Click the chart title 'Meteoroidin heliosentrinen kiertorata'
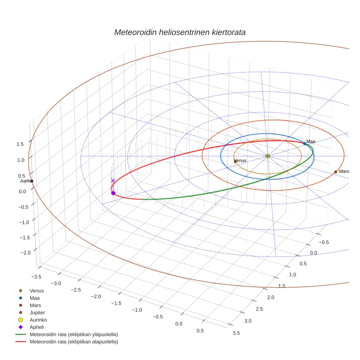[x=180, y=32]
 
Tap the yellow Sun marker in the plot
[x=268, y=156]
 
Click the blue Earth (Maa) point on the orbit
[x=304, y=143]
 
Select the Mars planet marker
[x=335, y=172]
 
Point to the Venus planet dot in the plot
[x=235, y=161]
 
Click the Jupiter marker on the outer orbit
[x=32, y=181]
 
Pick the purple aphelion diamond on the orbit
[x=113, y=193]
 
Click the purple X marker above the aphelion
[x=113, y=180]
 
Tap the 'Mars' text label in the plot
[x=344, y=171]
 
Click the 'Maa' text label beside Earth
[x=311, y=142]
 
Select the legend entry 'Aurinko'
[x=38, y=320]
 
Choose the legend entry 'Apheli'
[x=37, y=327]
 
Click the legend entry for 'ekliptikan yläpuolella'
[x=74, y=334]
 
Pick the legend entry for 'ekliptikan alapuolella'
[x=74, y=342]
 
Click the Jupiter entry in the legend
[x=37, y=312]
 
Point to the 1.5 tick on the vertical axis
[x=20, y=144]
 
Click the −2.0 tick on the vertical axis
[x=25, y=253]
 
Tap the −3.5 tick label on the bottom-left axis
[x=36, y=277]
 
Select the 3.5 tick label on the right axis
[x=236, y=333]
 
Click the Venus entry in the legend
[x=37, y=290]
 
